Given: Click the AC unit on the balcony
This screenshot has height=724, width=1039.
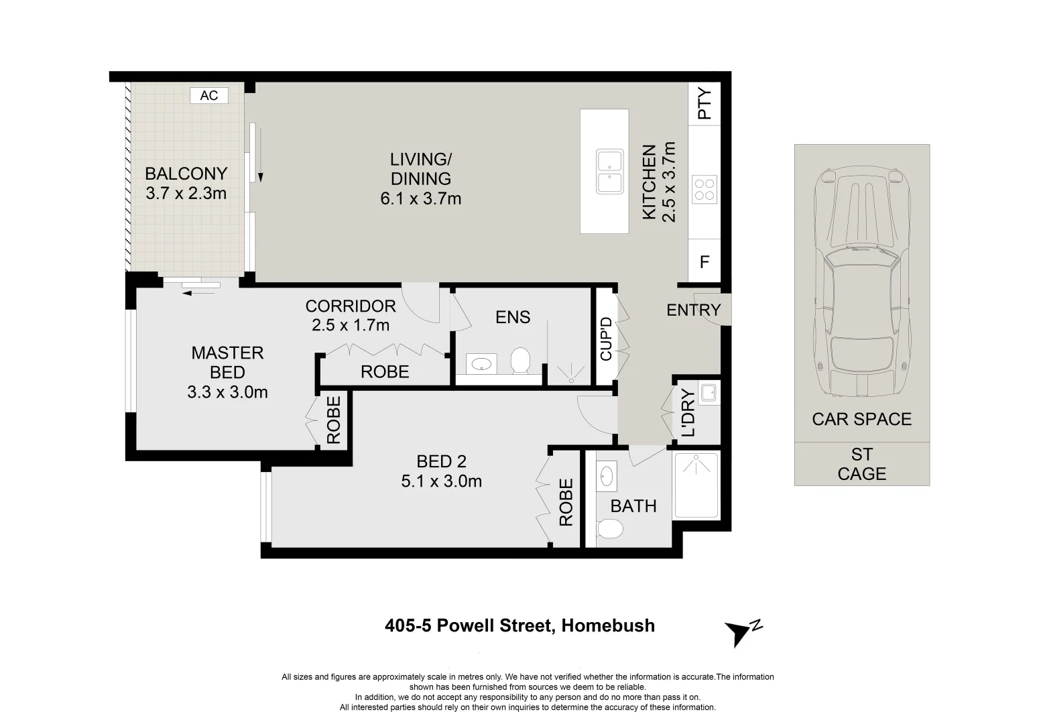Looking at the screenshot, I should pos(209,96).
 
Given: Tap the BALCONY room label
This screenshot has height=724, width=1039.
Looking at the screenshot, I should pos(186,174).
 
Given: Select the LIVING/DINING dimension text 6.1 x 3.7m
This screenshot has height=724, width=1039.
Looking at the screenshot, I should pos(420,198).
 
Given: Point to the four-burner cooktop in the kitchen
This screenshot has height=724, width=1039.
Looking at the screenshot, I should pos(704,189).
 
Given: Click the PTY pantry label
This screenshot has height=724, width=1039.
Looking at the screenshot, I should pos(705,104).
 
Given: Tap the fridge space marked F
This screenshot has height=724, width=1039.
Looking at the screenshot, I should pos(705,262).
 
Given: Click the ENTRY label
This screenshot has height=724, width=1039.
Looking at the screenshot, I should pos(693,310).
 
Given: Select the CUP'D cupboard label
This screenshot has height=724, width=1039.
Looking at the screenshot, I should pos(606,339).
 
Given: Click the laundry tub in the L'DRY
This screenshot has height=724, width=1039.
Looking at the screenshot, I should pos(708,392).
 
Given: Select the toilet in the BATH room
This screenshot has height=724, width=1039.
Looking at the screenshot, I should pos(610,529).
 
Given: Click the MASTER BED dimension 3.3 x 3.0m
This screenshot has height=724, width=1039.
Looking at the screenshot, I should pos(227,392).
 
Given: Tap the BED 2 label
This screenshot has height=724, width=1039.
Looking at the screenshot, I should pos(441,461).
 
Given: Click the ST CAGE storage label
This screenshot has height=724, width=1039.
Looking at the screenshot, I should pos(862,465).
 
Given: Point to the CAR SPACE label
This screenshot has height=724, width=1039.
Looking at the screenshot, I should pos(862,419).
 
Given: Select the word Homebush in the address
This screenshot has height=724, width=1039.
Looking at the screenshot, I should pos(608,626).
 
